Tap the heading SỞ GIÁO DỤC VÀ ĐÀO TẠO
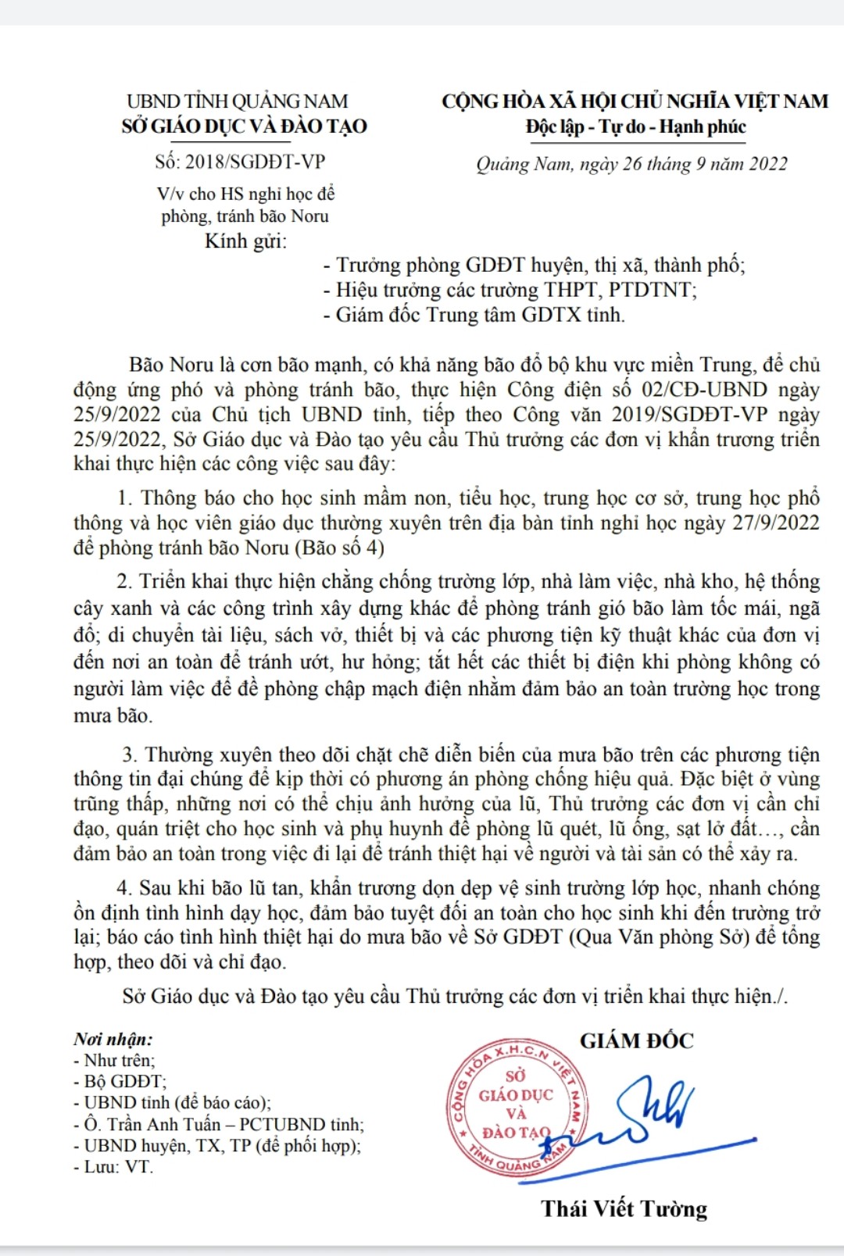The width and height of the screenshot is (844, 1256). [244, 127]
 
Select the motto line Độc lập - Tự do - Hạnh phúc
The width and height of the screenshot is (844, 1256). [635, 127]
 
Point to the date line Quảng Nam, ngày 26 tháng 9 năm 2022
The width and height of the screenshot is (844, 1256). [631, 164]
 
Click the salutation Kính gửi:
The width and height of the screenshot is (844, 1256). [245, 241]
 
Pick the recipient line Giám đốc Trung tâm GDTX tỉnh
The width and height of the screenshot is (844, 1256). [480, 315]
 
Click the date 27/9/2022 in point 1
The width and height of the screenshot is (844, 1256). [776, 523]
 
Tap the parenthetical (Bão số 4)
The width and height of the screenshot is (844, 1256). [340, 548]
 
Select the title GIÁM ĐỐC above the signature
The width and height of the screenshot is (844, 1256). [636, 1040]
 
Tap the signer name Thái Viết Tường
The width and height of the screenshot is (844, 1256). [624, 1208]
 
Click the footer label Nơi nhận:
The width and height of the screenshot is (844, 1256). [113, 1039]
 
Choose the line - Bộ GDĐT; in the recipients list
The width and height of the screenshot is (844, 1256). [120, 1082]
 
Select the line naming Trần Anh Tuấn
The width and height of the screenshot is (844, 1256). [219, 1125]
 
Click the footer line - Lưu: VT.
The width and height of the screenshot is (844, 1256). [114, 1167]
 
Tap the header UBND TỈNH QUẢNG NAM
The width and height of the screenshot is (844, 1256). [238, 102]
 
